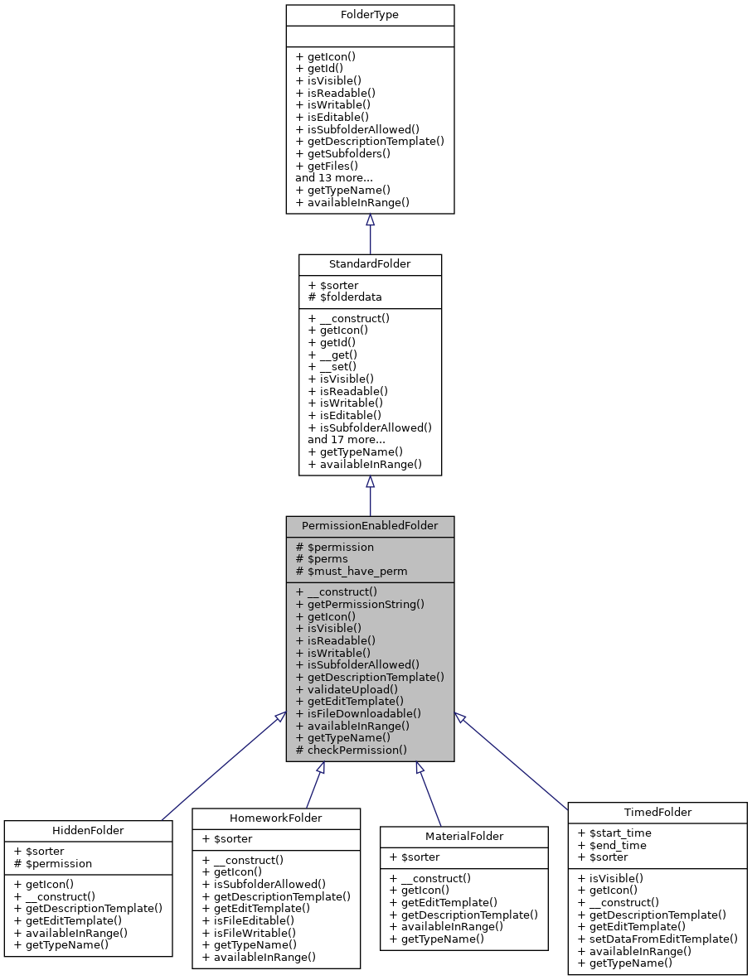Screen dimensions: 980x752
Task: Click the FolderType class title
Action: point(370,15)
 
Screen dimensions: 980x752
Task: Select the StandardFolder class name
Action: point(370,264)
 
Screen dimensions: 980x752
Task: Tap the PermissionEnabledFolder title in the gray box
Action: point(370,526)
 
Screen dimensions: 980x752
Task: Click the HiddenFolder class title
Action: point(88,830)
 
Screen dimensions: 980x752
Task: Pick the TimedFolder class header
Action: point(657,813)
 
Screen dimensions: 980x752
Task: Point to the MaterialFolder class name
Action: point(464,837)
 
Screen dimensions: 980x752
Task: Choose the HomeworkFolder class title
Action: point(276,818)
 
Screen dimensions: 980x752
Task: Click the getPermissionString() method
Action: point(360,604)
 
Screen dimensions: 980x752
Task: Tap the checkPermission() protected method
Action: point(352,750)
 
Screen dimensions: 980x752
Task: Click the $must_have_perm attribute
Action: point(352,571)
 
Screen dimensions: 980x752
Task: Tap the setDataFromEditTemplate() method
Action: point(657,939)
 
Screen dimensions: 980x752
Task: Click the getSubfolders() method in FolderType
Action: point(342,153)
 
